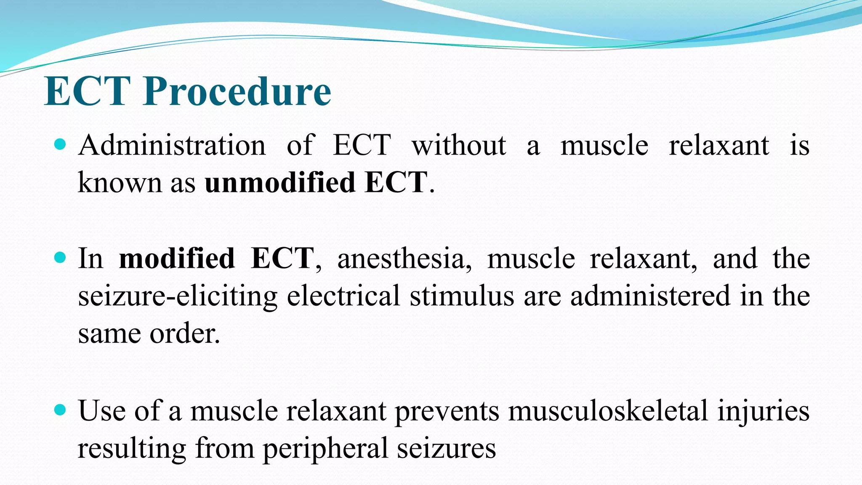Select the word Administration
[x=172, y=145]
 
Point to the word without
[x=459, y=145]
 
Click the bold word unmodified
[x=280, y=183]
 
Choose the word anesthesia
[x=404, y=258]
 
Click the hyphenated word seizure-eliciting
[x=178, y=296]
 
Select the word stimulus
[x=462, y=296]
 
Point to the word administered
[x=650, y=296]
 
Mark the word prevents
[x=447, y=410]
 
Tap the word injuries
[x=763, y=410]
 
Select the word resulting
[x=132, y=448]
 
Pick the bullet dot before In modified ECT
[x=61, y=257]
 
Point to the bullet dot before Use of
[x=61, y=410]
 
